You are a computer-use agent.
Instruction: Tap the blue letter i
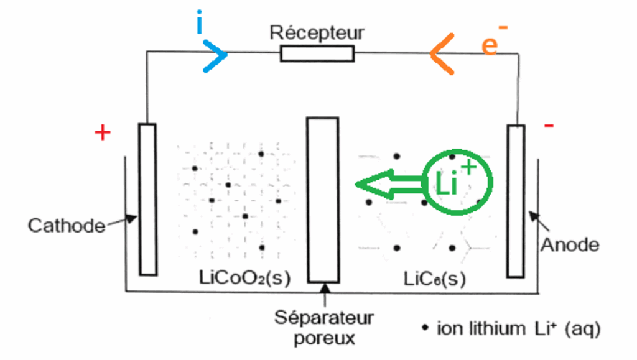click(200, 24)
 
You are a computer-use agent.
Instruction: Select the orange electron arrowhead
click(440, 54)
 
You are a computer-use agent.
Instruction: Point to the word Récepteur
click(317, 32)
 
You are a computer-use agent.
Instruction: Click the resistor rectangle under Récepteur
click(317, 54)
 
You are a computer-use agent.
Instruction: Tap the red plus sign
click(103, 133)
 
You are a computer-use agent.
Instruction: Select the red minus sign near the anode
click(549, 127)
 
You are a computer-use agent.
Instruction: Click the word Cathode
click(67, 225)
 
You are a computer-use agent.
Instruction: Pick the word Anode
click(570, 244)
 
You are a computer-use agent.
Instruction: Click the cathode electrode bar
click(147, 199)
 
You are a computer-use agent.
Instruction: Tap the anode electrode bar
click(516, 200)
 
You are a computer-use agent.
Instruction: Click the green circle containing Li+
click(458, 182)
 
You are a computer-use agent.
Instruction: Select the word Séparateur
click(324, 318)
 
